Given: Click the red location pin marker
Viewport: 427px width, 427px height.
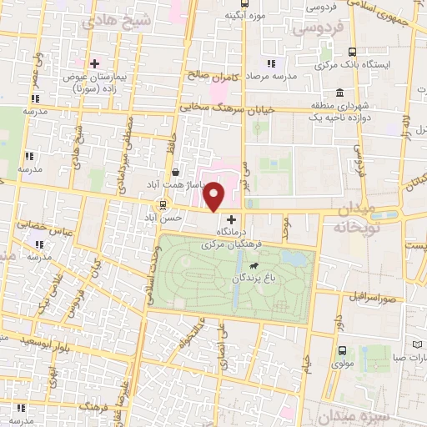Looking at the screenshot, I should tap(214, 196).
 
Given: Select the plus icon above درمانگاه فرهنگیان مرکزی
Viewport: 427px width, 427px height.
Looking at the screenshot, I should tap(231, 220).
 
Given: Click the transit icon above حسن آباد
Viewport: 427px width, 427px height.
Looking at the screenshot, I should tap(162, 204).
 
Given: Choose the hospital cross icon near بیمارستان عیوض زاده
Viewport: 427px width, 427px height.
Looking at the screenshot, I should tap(94, 63).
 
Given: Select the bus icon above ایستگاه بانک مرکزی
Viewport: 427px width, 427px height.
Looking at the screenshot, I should tap(351, 51).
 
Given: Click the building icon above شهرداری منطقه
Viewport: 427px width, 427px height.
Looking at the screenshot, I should tap(340, 93).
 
